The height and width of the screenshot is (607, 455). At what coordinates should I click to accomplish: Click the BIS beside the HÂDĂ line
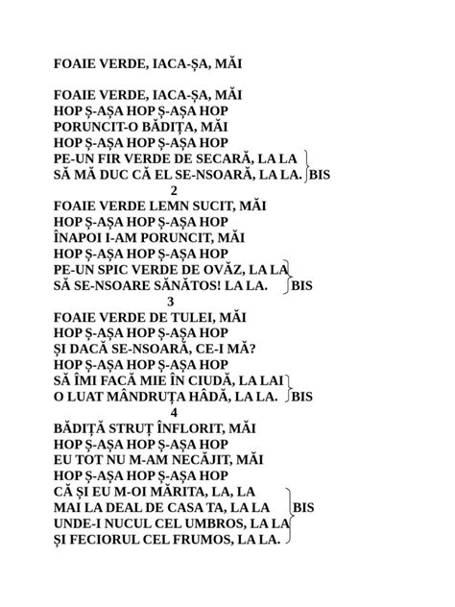(x=301, y=396)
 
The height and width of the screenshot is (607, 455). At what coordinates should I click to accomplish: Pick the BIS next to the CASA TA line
(x=303, y=507)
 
